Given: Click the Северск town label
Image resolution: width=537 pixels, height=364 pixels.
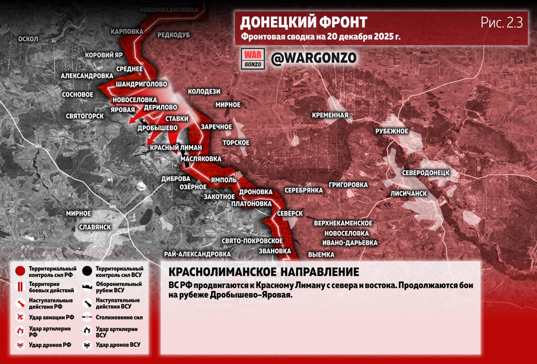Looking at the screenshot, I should pos(290,214).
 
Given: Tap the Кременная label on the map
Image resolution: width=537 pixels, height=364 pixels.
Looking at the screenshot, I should pos(330,115).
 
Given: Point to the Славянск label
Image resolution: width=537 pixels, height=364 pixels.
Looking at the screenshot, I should pos(95,227).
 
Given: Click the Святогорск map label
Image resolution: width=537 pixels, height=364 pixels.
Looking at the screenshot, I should pos(85,116).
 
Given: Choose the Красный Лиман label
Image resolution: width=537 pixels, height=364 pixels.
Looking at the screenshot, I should pos(176,147).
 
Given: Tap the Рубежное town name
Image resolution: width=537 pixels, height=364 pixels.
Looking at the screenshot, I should pos(391,131).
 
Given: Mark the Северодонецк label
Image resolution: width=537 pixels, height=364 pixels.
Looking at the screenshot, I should pos(425,173).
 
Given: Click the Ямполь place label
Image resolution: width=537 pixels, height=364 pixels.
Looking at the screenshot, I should pos(224,180).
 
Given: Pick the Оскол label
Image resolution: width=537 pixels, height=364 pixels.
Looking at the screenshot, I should pos(28,39).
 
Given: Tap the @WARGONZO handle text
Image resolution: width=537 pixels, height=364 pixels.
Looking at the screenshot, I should pos(313,58).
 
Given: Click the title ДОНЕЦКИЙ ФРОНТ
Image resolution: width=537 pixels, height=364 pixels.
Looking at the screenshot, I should pos(304,22).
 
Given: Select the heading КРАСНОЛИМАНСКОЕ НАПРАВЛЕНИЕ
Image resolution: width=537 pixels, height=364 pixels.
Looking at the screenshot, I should pos(263,272).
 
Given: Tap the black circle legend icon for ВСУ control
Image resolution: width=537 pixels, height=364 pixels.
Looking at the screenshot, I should pos(88,271).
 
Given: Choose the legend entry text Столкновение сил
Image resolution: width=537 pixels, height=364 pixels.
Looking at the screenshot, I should pos(119,317).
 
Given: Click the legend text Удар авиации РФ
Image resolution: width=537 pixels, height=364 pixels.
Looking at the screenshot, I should pos(52,317).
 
